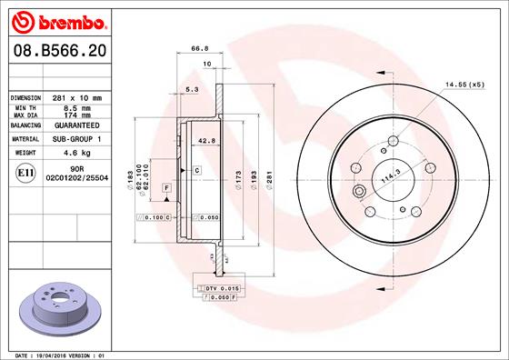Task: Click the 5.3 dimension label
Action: (191, 90)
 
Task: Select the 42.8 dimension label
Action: (205, 140)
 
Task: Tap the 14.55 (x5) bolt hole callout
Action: (464, 84)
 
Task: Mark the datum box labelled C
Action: (195, 170)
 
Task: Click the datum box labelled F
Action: (167, 187)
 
